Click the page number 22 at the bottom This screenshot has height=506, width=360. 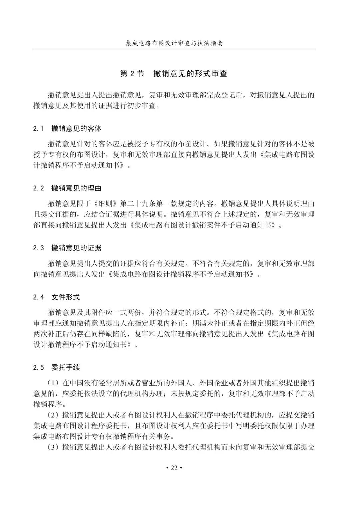(x=174, y=468)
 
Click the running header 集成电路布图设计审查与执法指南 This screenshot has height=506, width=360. (x=174, y=43)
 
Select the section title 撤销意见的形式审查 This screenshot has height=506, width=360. (x=190, y=74)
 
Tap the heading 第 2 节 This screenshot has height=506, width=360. (x=132, y=74)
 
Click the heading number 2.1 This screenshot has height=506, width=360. (x=39, y=129)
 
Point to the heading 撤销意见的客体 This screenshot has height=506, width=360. (x=76, y=129)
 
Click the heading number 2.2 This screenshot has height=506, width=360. (x=39, y=188)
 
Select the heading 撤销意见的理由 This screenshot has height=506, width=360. (x=76, y=188)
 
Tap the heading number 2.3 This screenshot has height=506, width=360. (x=39, y=248)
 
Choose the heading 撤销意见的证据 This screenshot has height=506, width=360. (x=76, y=248)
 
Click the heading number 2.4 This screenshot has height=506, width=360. (x=39, y=297)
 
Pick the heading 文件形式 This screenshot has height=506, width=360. (x=66, y=297)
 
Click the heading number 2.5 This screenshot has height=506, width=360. (x=39, y=368)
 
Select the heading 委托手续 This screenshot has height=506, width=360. (x=66, y=368)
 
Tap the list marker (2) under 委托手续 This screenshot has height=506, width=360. (x=53, y=415)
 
